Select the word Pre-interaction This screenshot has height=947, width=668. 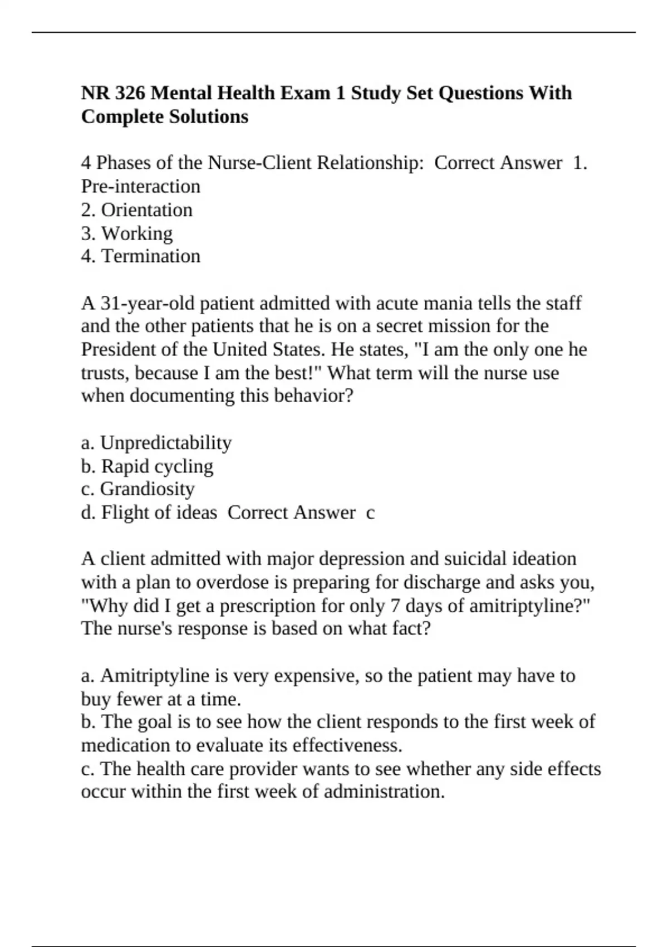coord(140,186)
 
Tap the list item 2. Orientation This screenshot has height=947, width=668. coord(137,210)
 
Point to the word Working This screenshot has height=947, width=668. coord(137,233)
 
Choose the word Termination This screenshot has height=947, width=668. coord(150,256)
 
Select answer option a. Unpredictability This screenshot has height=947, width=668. coord(156,443)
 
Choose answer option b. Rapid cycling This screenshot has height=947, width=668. coord(147,466)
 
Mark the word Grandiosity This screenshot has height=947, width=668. coord(147,489)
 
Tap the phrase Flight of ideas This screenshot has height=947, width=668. coord(159,512)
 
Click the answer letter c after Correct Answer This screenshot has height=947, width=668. coord(370,513)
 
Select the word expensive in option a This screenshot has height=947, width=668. coord(318,676)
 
